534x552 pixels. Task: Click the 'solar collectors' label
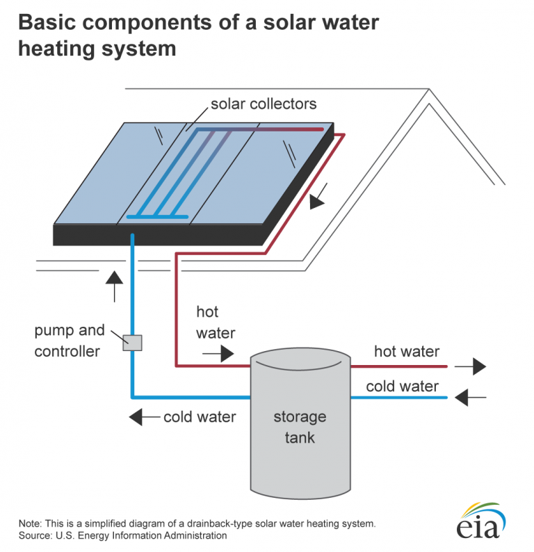263,104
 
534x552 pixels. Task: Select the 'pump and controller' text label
69,341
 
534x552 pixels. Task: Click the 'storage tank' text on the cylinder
299,427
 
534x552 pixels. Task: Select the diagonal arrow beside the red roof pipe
317,200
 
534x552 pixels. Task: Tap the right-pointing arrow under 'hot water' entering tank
218,354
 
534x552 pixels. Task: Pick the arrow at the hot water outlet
470,366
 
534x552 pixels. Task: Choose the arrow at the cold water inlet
470,398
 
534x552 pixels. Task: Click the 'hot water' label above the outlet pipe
407,352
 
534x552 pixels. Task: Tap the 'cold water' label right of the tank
403,386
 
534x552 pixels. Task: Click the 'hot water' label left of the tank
216,323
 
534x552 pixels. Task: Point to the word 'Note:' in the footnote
31,523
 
